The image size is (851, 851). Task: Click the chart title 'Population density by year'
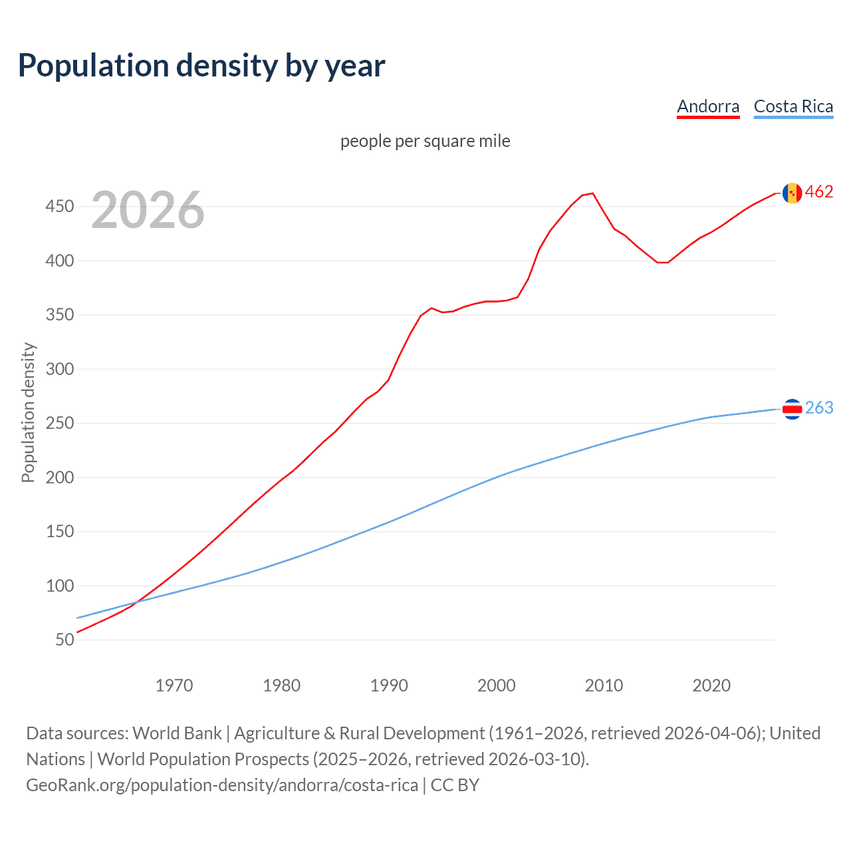tap(201, 66)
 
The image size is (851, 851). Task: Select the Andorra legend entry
tap(708, 106)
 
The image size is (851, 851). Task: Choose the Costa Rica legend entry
tap(793, 106)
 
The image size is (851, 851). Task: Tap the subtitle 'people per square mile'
tap(425, 141)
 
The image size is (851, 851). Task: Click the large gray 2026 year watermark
tap(148, 210)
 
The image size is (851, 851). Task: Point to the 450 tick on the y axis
tap(60, 207)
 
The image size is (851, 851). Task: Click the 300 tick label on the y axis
tap(60, 369)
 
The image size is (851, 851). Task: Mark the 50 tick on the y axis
tap(64, 640)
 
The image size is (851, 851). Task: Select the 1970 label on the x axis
tap(174, 685)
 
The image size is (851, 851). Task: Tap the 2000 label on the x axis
tap(497, 685)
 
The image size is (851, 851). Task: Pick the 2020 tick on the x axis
tap(711, 685)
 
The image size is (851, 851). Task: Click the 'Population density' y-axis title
tap(28, 412)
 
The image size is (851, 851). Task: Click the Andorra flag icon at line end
tap(792, 193)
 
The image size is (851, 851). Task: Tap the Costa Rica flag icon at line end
tap(792, 409)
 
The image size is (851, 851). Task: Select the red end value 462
tap(819, 192)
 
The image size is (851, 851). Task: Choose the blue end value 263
tap(819, 408)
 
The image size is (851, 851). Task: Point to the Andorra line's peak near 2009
tap(592, 193)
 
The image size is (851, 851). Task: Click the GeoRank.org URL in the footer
tap(222, 785)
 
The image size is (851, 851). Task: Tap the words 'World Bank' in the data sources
tap(177, 733)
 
